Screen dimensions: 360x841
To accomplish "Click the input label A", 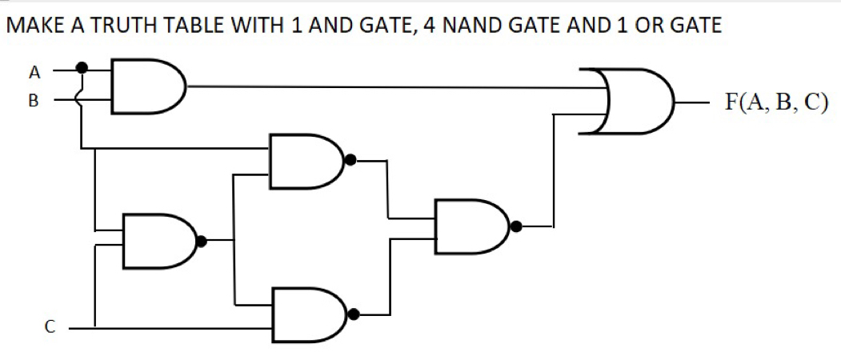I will click(34, 72).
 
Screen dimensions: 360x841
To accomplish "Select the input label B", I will click(34, 102).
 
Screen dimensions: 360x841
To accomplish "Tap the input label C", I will click(50, 326).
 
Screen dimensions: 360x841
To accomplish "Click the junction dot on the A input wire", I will click(82, 69).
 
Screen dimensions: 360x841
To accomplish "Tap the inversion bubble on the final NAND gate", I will click(516, 226).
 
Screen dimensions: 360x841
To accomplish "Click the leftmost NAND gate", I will click(157, 239).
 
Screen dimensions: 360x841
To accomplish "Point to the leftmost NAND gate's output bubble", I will click(202, 240).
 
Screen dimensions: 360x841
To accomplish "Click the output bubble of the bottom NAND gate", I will click(350, 314).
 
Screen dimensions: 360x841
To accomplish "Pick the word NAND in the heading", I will click(472, 26).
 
